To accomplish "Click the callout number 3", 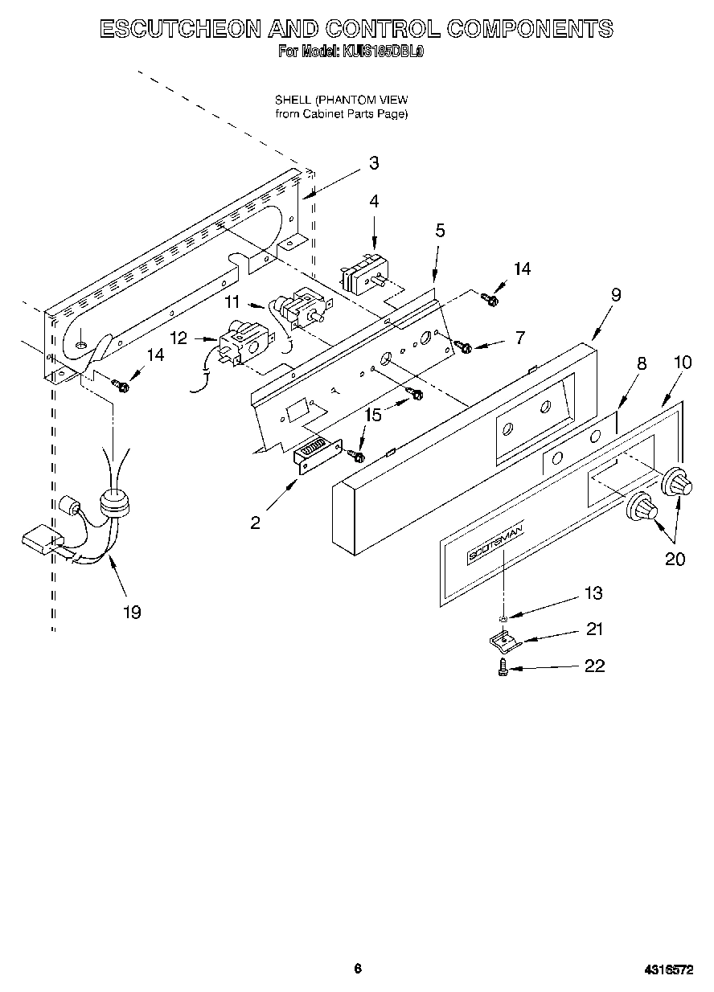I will [374, 163].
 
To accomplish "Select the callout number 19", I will [132, 613].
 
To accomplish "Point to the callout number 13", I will [593, 593].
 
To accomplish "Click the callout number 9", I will [616, 295].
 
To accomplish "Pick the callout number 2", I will [255, 523].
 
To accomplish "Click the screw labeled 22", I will [503, 666].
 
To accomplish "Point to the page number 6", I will [358, 969].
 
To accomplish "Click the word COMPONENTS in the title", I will [529, 29].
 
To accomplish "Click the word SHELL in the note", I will [293, 100].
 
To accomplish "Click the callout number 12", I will [178, 338].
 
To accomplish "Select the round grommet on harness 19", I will [115, 504].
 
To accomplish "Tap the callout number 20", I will [675, 560].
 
